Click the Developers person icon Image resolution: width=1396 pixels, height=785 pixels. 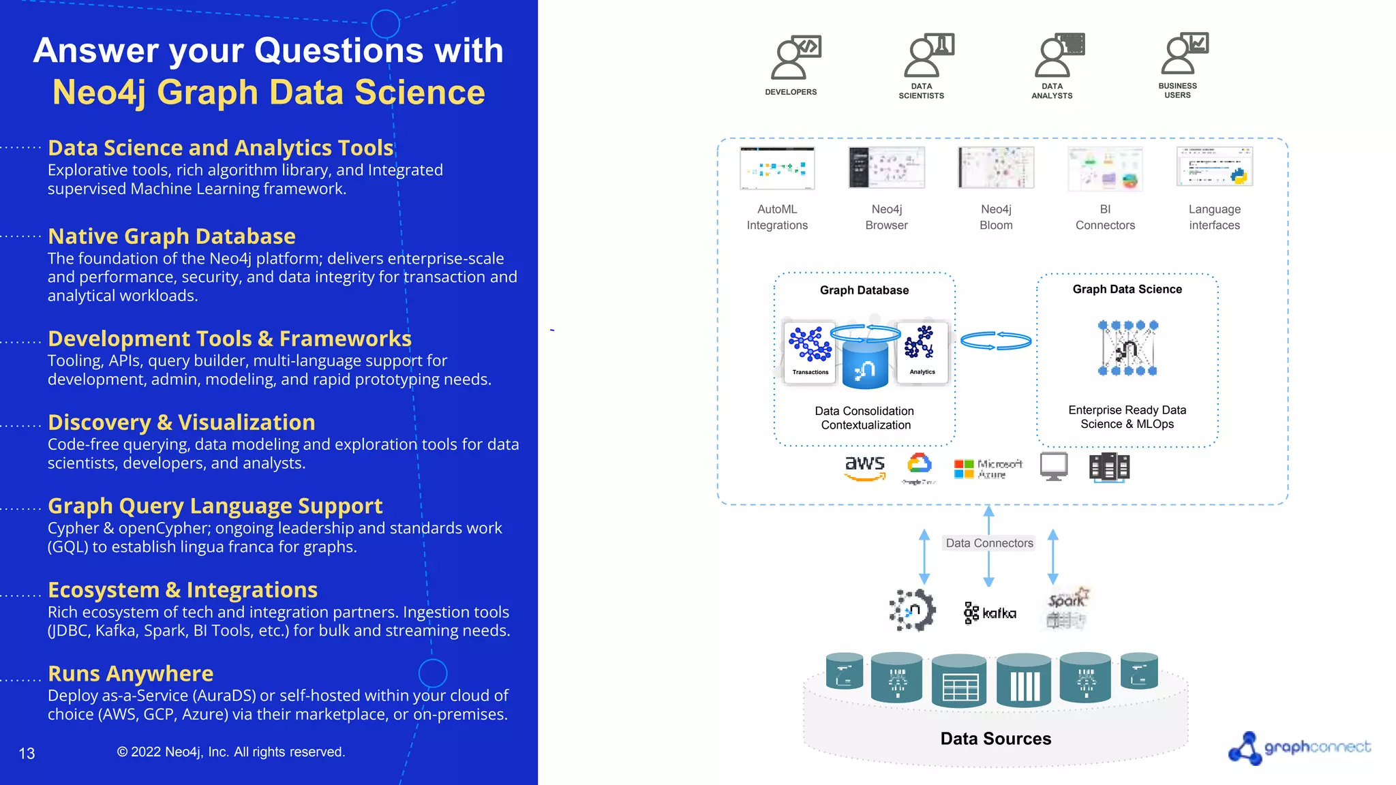point(794,57)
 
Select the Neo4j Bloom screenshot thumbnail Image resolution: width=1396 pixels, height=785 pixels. point(996,168)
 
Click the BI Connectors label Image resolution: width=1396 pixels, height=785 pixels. point(1105,217)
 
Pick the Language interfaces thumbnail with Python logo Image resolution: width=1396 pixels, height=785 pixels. point(1214,167)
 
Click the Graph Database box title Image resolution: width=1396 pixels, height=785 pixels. point(864,290)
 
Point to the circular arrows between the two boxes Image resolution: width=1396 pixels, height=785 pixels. point(996,341)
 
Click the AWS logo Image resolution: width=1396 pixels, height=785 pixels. point(864,467)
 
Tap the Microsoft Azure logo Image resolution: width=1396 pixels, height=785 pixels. point(988,469)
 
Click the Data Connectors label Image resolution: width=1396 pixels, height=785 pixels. point(989,543)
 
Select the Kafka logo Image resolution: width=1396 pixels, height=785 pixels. point(989,613)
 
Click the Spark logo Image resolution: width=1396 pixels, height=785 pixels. point(1067,606)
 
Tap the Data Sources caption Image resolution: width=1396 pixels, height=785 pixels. point(995,739)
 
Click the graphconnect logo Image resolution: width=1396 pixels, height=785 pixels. point(1299,748)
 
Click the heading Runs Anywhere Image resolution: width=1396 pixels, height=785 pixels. point(130,673)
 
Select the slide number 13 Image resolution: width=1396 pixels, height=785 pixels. point(27,754)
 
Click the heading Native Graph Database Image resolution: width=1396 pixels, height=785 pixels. point(171,236)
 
